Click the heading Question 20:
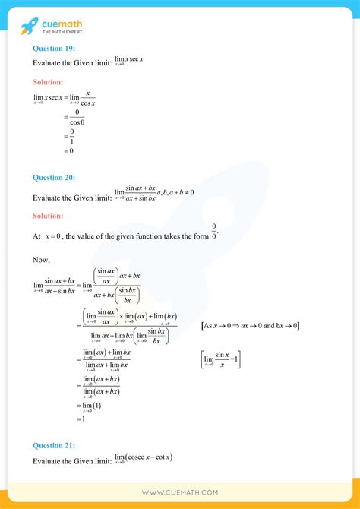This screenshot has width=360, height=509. coord(54,178)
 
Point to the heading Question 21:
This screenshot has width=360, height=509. coord(54,446)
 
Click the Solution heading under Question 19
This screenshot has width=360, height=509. coord(48,81)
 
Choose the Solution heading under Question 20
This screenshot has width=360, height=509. coord(48,216)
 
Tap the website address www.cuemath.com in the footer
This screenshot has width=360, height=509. coord(179,492)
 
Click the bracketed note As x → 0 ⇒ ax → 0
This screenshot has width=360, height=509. coord(251,325)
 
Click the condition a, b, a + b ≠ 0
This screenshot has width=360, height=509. coord(175,192)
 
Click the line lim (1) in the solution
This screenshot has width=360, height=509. coord(84,405)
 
